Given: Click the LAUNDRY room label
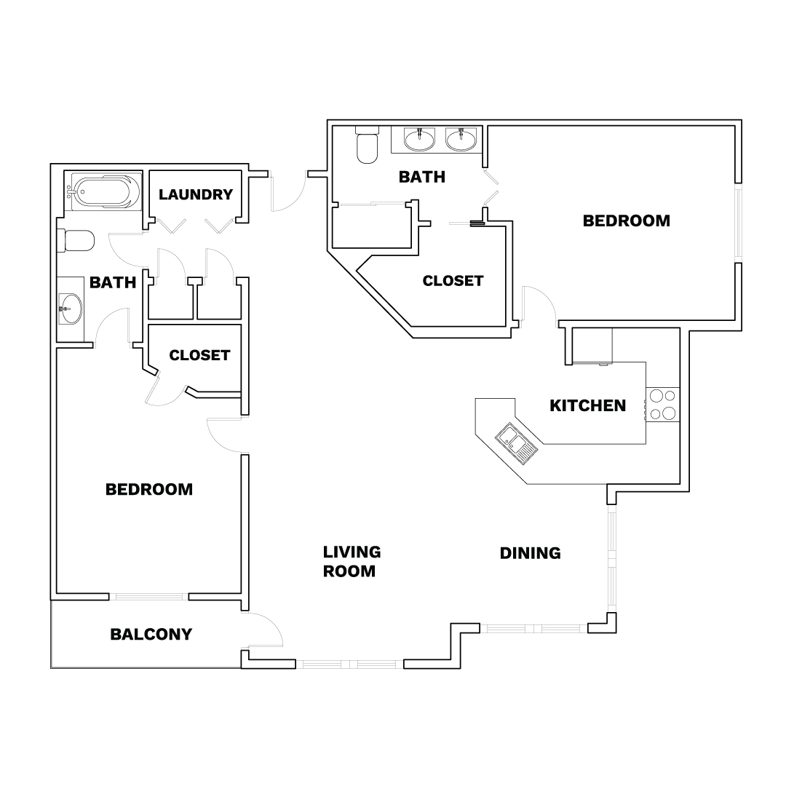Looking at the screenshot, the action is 196,194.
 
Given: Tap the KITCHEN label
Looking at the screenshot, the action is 587,405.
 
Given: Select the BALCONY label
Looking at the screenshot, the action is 151,634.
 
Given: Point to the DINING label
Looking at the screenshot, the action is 531,553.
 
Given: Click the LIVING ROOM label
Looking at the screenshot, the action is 352,561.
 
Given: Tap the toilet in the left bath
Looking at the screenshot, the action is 76,241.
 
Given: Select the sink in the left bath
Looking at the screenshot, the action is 70,309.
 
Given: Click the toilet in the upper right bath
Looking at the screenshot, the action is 367,145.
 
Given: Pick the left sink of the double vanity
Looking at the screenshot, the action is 419,139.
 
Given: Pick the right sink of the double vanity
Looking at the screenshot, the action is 461,139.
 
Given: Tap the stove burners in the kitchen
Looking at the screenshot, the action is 663,405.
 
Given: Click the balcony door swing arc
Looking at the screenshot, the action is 263,630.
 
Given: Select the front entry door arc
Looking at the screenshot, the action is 288,191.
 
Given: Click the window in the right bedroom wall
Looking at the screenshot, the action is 738,223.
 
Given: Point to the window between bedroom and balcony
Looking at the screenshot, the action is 149,597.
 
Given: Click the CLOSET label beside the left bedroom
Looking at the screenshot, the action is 199,355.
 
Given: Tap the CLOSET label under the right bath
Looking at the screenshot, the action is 453,281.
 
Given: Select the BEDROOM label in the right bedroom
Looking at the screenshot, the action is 627,221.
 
